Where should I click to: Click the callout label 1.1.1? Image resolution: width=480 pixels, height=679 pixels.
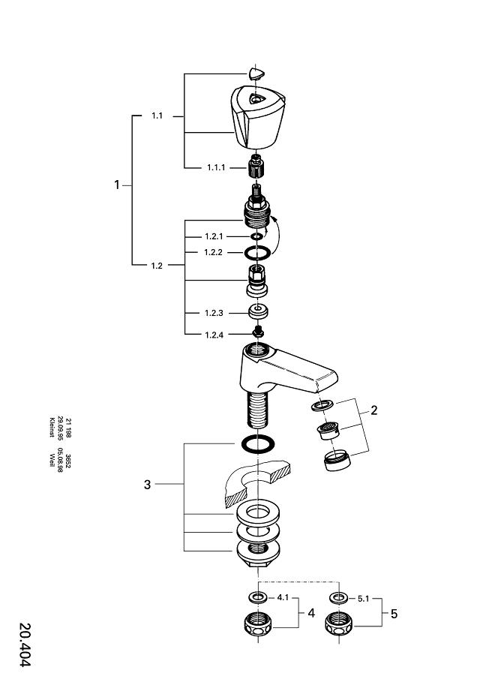(216, 167)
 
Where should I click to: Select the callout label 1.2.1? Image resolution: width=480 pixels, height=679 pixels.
(214, 236)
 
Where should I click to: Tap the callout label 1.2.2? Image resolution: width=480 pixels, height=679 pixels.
(214, 252)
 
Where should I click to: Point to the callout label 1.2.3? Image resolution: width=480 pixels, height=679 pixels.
(214, 313)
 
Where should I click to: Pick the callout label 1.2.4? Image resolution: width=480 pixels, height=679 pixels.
(214, 335)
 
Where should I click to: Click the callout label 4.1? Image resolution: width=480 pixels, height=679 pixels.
(283, 598)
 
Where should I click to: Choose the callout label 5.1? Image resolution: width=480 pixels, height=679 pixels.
(362, 598)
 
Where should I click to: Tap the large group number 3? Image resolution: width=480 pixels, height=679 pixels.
(148, 485)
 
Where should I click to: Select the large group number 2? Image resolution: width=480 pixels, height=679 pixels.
(373, 410)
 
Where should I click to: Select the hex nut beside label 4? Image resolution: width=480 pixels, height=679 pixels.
(259, 624)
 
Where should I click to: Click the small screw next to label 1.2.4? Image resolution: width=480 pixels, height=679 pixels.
(258, 332)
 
